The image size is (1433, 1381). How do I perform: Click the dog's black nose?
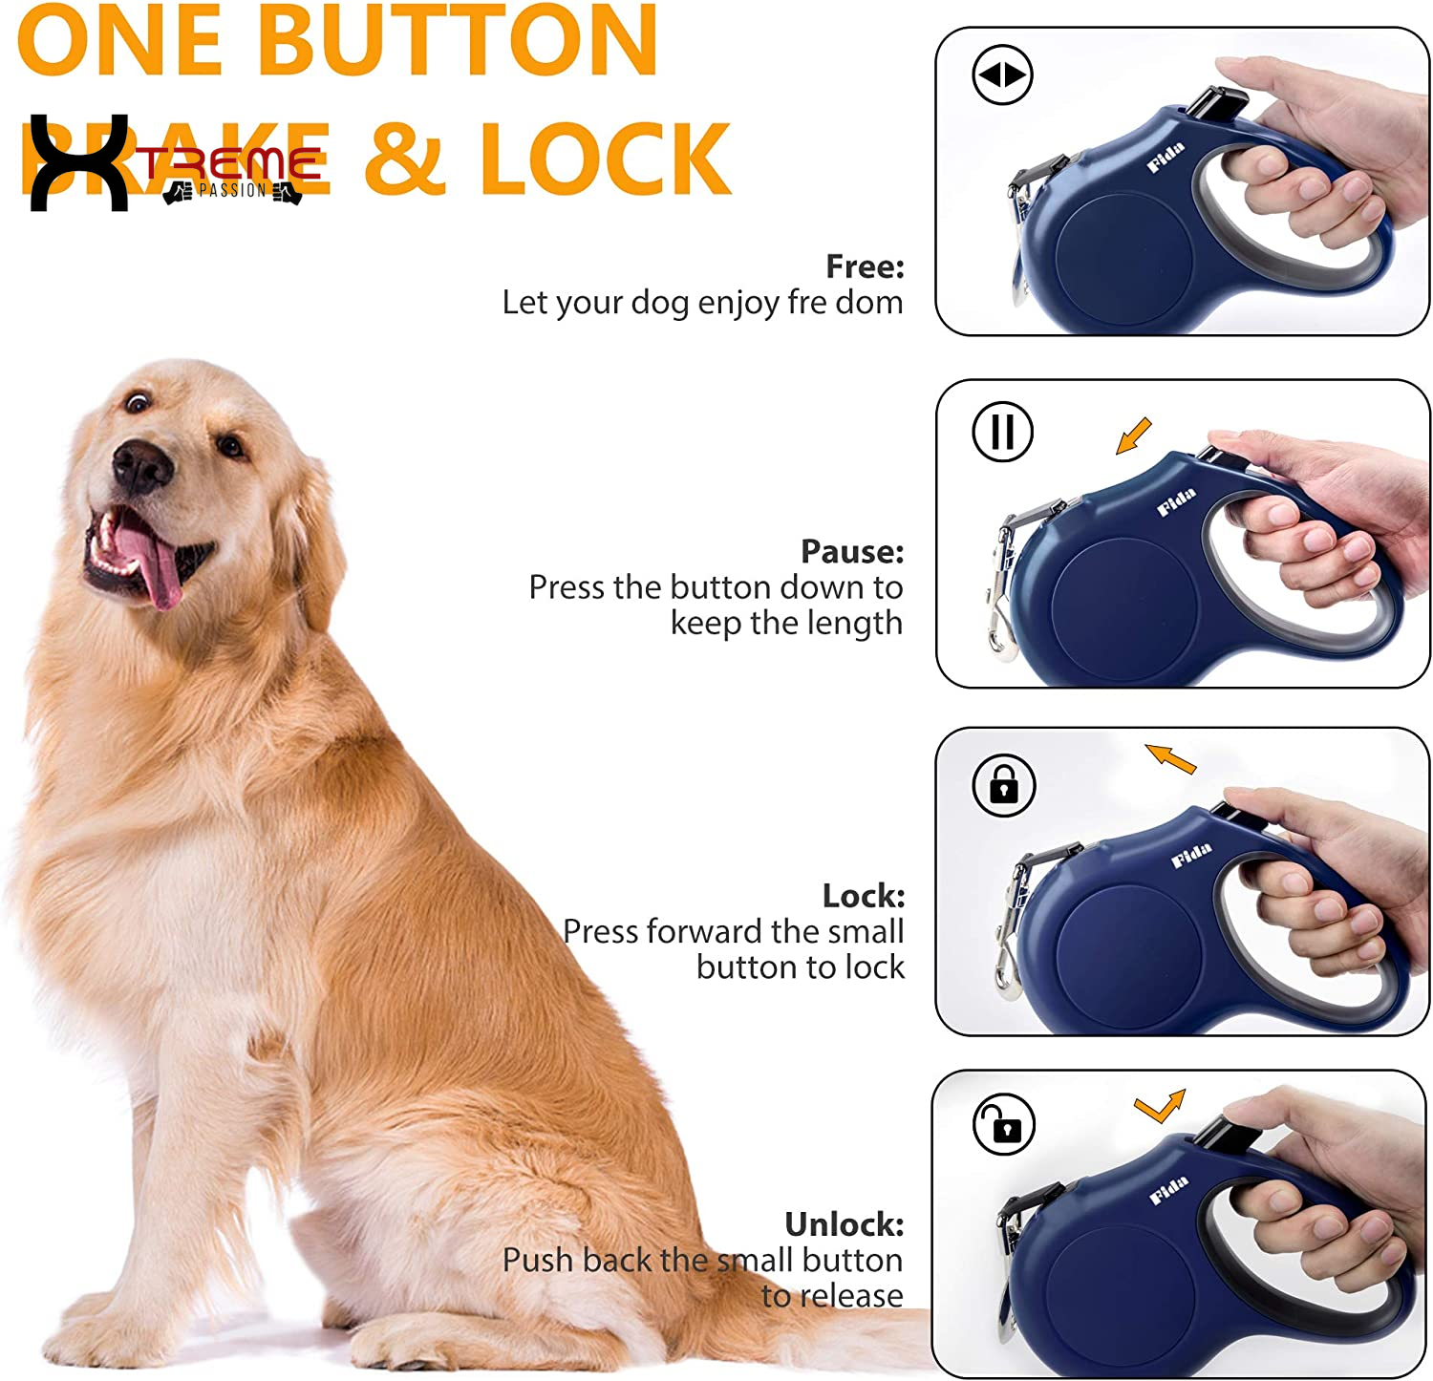tap(140, 467)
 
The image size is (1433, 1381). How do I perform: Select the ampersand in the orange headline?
tap(405, 159)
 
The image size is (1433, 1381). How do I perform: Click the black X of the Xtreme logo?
tap(78, 162)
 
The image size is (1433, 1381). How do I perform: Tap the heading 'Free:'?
tap(865, 266)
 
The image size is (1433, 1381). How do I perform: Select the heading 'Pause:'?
tap(851, 551)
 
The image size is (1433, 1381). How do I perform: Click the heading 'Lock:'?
tap(863, 896)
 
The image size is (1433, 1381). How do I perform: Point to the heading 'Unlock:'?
tap(844, 1223)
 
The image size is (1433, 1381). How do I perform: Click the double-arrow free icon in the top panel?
tap(1002, 74)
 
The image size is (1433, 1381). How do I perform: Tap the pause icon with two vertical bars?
tap(1002, 432)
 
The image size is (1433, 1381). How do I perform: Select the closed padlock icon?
tap(1003, 785)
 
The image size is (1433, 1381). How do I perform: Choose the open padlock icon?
tap(1003, 1125)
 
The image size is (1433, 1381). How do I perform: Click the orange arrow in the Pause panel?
tap(1134, 436)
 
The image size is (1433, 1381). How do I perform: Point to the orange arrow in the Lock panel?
tap(1170, 758)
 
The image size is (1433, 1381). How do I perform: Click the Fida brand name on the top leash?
tap(1166, 157)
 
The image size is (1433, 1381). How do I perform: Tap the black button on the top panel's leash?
tap(1217, 103)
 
